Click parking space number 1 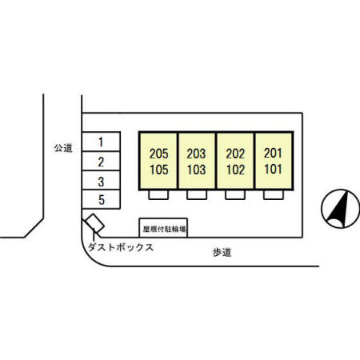point(101,142)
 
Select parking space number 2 point(101,161)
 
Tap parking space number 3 point(101,180)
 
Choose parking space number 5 point(101,199)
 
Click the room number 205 point(159,154)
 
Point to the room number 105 point(159,170)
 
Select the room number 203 point(196,154)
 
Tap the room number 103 point(196,170)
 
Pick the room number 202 point(235,154)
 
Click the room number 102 point(235,170)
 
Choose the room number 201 point(273,153)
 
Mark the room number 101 point(273,169)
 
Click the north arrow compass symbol point(341,209)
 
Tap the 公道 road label point(63,148)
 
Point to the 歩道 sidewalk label point(222,252)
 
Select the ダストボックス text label point(121,247)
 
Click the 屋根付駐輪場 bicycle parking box point(163,228)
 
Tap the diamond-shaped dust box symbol point(94,223)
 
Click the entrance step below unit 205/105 point(158,194)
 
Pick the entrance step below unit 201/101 point(274,194)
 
